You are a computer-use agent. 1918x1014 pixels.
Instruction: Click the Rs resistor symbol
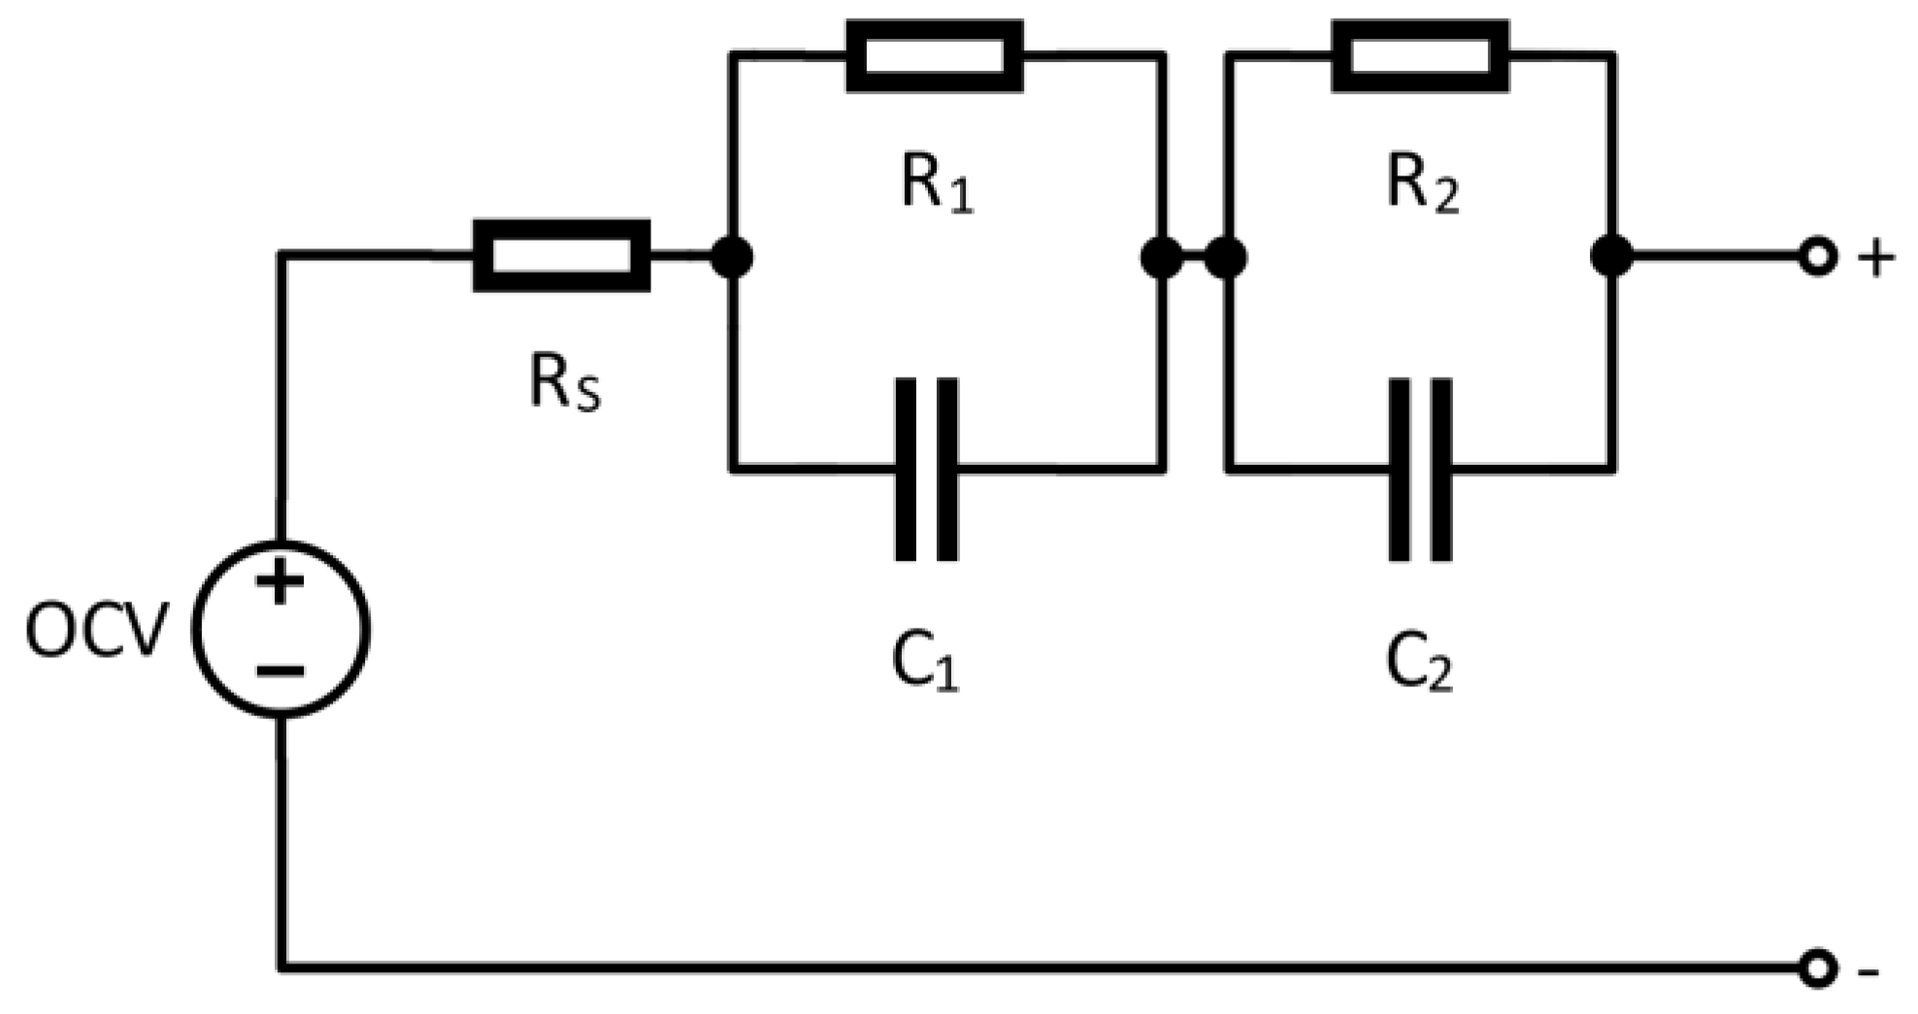tap(561, 256)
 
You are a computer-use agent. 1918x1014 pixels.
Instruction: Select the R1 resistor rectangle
tap(934, 56)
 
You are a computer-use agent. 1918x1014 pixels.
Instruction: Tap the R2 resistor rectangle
tap(1420, 56)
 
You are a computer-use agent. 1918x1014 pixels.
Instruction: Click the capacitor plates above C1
tap(926, 470)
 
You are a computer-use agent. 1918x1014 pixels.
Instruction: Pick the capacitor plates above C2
tap(1420, 470)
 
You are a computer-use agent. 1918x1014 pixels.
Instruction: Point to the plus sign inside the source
tap(281, 584)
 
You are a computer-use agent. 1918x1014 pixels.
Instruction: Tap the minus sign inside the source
tap(281, 671)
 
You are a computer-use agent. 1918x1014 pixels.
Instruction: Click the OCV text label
tap(96, 632)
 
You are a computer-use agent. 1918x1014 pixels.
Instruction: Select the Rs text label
tap(565, 382)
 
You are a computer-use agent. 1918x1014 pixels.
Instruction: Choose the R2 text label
tap(1422, 184)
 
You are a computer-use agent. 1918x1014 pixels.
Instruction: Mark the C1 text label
tap(925, 665)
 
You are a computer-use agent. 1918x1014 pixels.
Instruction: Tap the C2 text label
tap(1419, 665)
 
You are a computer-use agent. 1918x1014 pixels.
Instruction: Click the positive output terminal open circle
tap(1816, 257)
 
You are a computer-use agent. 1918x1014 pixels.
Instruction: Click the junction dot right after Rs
tap(732, 257)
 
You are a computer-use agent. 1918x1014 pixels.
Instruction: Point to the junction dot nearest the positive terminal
tap(1611, 257)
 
